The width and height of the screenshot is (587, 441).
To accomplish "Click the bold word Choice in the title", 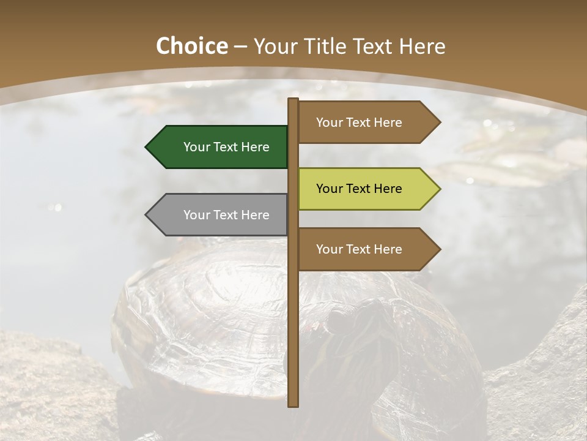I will coord(191,47).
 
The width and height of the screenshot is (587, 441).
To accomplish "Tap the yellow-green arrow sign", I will coord(361,189).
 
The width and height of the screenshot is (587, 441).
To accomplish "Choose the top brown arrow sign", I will coord(361,123).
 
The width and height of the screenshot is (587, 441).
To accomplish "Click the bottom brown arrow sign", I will coord(361,249).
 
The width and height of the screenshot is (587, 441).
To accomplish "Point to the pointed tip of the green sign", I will coord(147,147).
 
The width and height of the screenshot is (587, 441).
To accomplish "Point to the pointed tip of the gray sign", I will coord(147,215).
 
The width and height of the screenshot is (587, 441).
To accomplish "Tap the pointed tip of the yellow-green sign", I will coord(439,189).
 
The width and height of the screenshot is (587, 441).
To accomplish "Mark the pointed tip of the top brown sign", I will coord(439,123).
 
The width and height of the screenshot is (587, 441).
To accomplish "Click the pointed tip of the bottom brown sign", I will coord(439,249).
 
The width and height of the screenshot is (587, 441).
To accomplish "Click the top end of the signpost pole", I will coord(293,100).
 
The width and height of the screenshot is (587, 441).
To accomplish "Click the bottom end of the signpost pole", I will coord(293,405).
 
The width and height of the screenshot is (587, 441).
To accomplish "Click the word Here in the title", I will coord(422,47).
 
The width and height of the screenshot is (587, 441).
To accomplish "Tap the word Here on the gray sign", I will coord(255,215).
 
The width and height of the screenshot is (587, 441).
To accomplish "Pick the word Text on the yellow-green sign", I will coord(359,189).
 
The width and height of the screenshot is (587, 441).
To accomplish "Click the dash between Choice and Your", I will coord(240,47).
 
